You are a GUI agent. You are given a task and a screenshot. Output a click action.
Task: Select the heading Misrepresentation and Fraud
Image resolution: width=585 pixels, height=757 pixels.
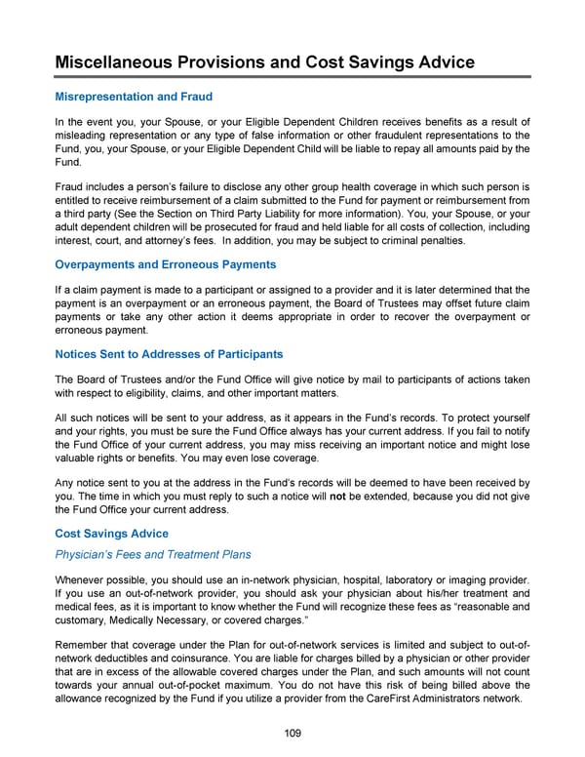pos(134,97)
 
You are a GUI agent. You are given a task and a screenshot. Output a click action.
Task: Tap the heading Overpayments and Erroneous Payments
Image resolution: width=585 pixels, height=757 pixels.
pos(165,264)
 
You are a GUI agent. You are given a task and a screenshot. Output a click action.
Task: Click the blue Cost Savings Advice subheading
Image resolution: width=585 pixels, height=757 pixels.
pos(111,534)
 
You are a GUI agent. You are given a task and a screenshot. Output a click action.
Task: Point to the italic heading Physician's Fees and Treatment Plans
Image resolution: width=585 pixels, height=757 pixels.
pos(152,554)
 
